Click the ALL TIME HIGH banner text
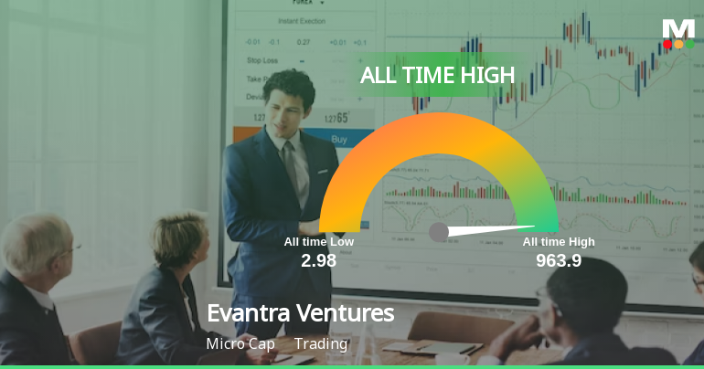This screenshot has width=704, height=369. tap(437, 75)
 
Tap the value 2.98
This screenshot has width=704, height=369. tap(319, 260)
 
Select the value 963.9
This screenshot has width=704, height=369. tap(559, 260)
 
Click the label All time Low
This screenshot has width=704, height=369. tap(318, 242)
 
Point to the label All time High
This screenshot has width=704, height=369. tap(559, 242)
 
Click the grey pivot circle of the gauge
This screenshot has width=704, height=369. tap(439, 232)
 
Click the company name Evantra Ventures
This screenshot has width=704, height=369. tap(300, 313)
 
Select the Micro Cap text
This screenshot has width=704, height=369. tap(237, 344)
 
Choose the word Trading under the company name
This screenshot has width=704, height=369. tap(321, 344)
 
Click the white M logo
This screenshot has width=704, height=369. tap(678, 27)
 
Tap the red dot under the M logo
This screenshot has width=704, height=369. tap(668, 44)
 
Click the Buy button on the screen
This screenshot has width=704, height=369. tap(339, 140)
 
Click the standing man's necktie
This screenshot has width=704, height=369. tap(291, 164)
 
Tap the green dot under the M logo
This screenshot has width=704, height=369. tap(688, 44)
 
